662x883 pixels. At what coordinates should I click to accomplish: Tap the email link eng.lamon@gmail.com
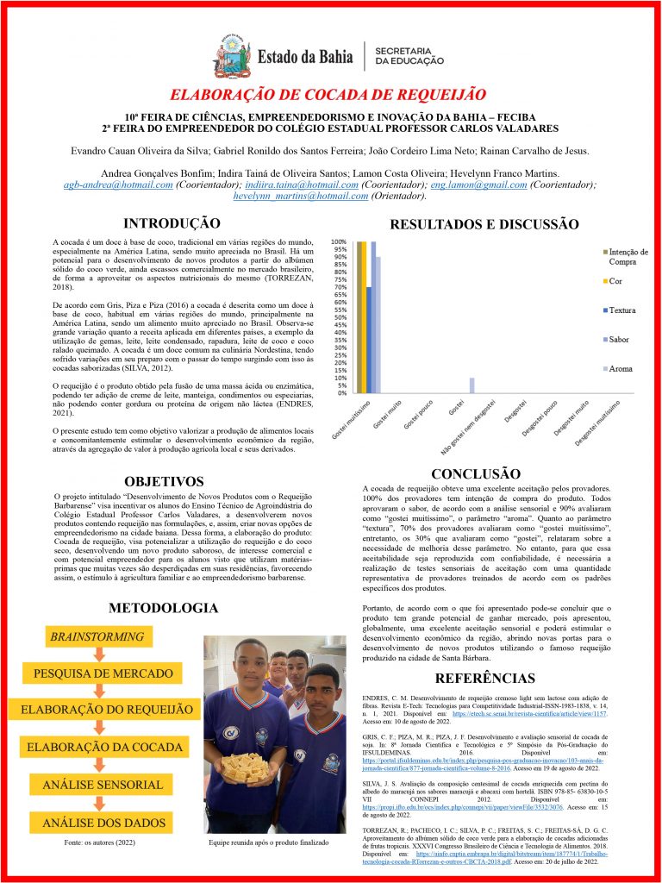pos(467,185)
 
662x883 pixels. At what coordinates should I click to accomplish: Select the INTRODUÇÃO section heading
pos(172,223)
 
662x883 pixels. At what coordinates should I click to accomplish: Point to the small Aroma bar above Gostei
pos(472,385)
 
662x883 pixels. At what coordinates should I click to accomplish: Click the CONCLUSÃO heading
pos(476,473)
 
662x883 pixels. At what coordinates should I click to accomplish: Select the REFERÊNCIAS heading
pos(484,678)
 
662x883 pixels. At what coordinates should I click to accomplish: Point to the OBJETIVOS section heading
pos(164,481)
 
